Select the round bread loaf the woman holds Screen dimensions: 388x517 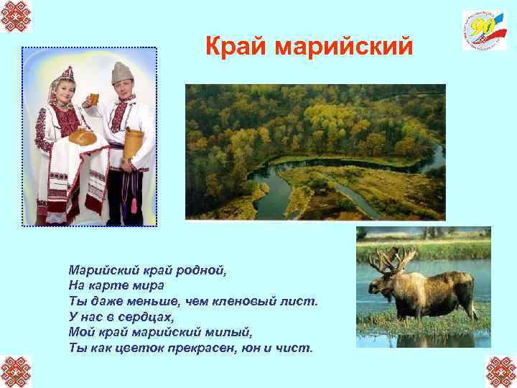[82, 136]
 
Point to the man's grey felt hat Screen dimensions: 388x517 [123, 72]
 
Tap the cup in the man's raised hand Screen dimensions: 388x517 [91, 98]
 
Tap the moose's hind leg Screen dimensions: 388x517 [470, 305]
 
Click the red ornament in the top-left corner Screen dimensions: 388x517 [16, 16]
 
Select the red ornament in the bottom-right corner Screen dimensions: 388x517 [500, 371]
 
